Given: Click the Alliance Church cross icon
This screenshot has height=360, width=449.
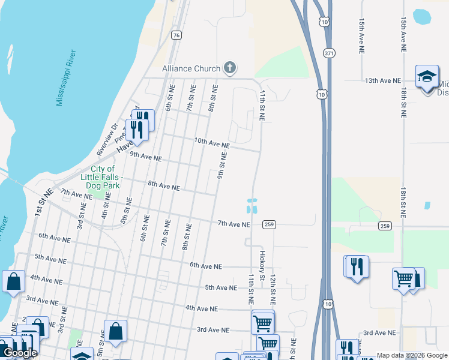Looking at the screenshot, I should [229, 68].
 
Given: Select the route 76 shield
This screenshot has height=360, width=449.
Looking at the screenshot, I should [176, 35].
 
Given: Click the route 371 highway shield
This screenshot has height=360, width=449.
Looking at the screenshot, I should [328, 53].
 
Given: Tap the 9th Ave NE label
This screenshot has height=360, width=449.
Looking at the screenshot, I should [146, 157].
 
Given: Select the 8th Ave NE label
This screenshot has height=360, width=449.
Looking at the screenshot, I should [164, 186].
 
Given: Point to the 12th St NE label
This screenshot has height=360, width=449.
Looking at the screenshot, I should [272, 288].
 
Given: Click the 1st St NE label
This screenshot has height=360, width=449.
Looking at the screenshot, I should [38, 205].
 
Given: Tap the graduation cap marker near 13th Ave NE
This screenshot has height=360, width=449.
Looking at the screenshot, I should [427, 76].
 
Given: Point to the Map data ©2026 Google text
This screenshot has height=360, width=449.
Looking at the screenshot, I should [412, 355].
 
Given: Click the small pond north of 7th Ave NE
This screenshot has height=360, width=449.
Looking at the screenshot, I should [252, 206].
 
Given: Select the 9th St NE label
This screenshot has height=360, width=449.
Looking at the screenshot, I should [221, 167].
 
